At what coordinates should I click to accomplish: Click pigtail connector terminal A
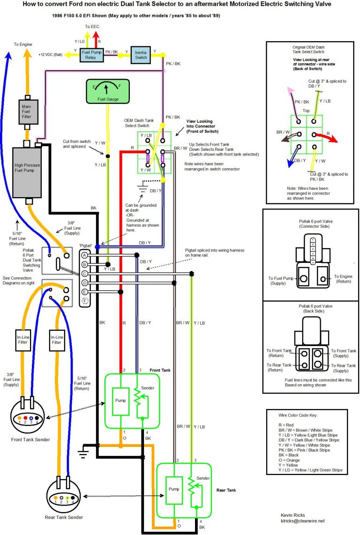pyautogui.click(x=84, y=255)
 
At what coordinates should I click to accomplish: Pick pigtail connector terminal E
pyautogui.click(x=84, y=292)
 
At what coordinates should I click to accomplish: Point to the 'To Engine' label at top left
pyautogui.click(x=23, y=44)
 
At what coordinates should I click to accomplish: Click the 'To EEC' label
pyautogui.click(x=92, y=27)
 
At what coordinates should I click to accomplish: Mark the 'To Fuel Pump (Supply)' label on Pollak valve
pyautogui.click(x=283, y=281)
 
